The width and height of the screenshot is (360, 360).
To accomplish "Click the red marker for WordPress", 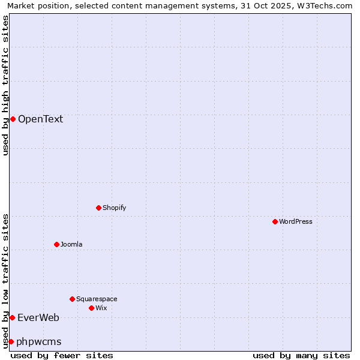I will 275,221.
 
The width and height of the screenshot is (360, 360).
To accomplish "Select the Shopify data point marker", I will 98,208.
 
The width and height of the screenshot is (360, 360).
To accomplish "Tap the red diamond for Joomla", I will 56,244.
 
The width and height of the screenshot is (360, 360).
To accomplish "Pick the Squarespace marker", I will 72,299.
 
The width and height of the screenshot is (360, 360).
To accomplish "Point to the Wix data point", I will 91,308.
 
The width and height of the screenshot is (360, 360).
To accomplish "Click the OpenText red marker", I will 13,119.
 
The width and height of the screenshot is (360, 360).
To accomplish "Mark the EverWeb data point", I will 12,317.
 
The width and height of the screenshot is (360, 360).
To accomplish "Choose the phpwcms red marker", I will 11,341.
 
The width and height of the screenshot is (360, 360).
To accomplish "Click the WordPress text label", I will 296,221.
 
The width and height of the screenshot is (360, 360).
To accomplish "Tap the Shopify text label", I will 114,208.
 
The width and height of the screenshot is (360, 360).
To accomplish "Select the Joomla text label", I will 71,244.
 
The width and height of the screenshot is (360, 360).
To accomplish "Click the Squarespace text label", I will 97,299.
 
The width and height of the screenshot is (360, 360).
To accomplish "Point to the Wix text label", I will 101,308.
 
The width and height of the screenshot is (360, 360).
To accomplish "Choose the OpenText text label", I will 40,119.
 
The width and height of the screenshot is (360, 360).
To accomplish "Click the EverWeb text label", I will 38,317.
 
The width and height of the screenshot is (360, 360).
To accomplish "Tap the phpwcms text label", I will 39,341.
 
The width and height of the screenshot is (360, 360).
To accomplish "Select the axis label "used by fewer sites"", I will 62,355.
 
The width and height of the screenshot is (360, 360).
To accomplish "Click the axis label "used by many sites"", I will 301,355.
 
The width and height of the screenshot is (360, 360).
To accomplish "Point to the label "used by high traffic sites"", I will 6,85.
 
